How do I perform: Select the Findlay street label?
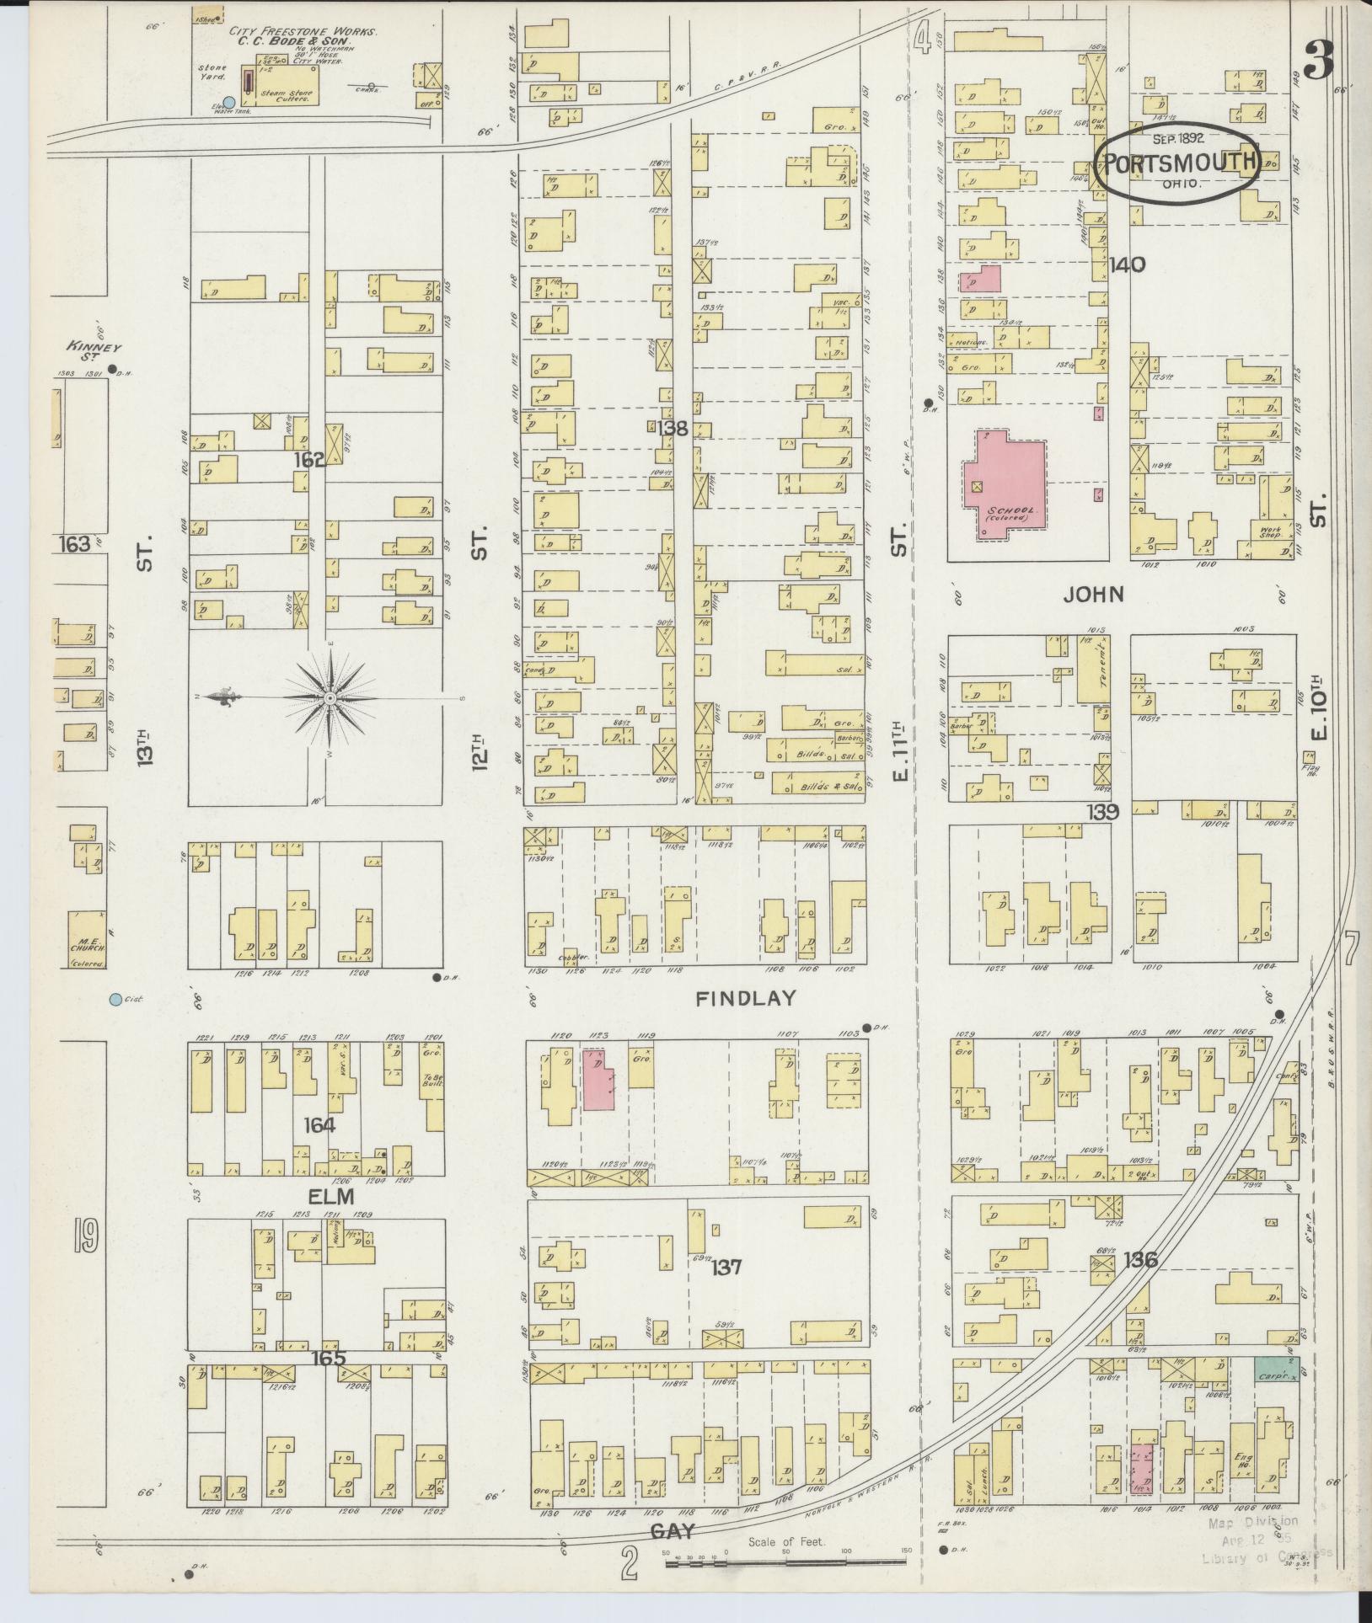tap(746, 999)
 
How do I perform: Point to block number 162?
tap(309, 460)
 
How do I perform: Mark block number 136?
tap(1139, 1261)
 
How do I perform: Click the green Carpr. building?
tap(1276, 1369)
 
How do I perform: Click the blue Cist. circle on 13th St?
tap(115, 1000)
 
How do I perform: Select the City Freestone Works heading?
tap(303, 32)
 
